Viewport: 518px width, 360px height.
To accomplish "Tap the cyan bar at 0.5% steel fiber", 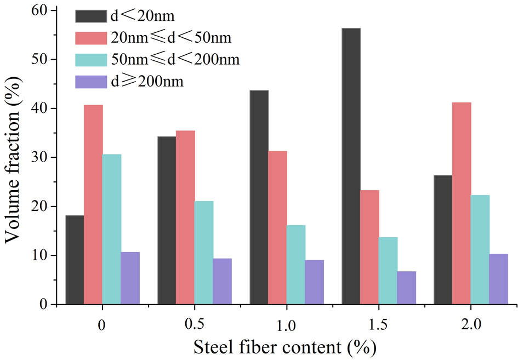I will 204,253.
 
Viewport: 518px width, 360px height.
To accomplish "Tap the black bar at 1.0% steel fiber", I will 259,197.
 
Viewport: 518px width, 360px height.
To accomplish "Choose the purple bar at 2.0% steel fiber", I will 499,279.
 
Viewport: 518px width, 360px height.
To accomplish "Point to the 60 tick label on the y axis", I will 39,10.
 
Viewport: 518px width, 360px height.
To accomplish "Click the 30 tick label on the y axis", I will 39,157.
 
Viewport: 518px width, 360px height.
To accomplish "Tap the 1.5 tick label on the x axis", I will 379,324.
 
